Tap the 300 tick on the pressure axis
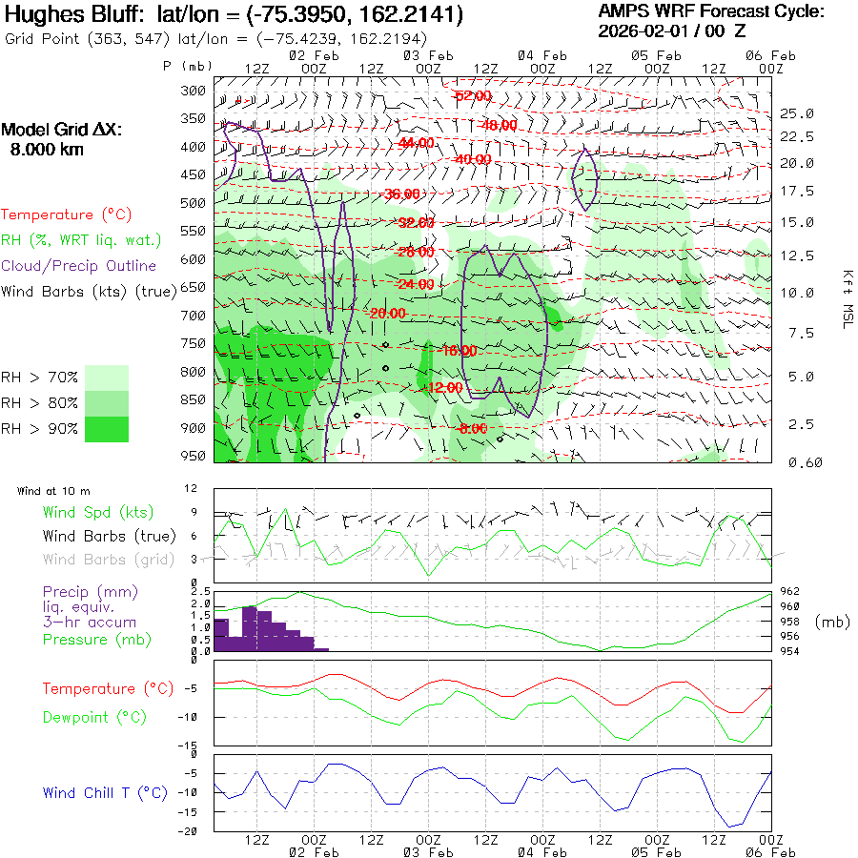point(194,91)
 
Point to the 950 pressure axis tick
point(194,456)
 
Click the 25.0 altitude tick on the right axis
point(797,113)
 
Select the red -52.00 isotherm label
point(473,96)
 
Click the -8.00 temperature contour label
point(472,429)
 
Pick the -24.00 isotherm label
point(415,284)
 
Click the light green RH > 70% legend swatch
point(107,378)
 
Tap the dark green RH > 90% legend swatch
point(107,429)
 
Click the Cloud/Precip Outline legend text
point(79,266)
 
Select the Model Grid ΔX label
point(62,130)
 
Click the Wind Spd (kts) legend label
point(92,513)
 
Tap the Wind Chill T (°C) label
point(105,792)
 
